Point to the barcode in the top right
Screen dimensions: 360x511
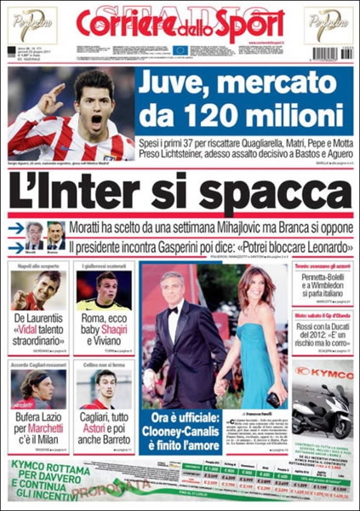[331, 52]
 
